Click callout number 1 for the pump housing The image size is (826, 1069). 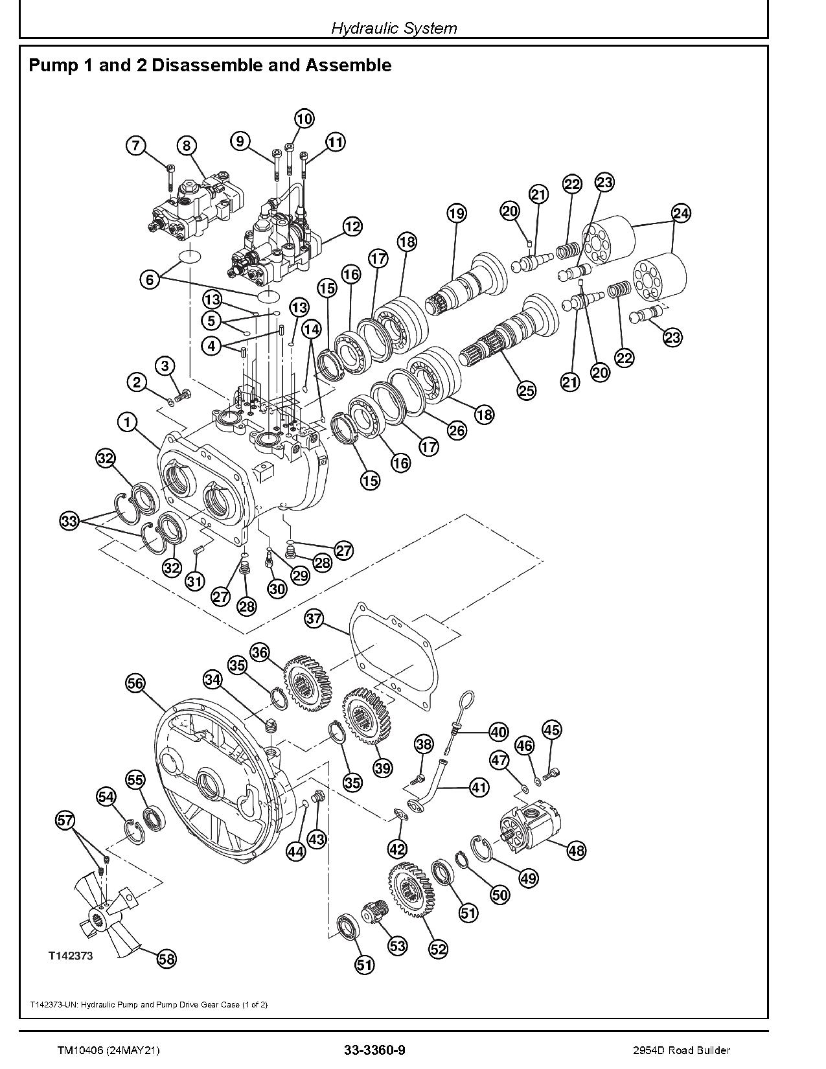(128, 422)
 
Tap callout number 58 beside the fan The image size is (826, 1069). (166, 958)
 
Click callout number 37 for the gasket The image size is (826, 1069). (314, 619)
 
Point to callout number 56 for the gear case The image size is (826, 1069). (135, 683)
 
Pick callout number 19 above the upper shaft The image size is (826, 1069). (456, 213)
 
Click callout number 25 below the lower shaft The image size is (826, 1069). (527, 390)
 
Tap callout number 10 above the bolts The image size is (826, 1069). (304, 119)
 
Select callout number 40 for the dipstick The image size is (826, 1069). (498, 732)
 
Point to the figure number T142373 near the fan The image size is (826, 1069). (69, 956)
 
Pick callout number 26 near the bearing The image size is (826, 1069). (457, 430)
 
